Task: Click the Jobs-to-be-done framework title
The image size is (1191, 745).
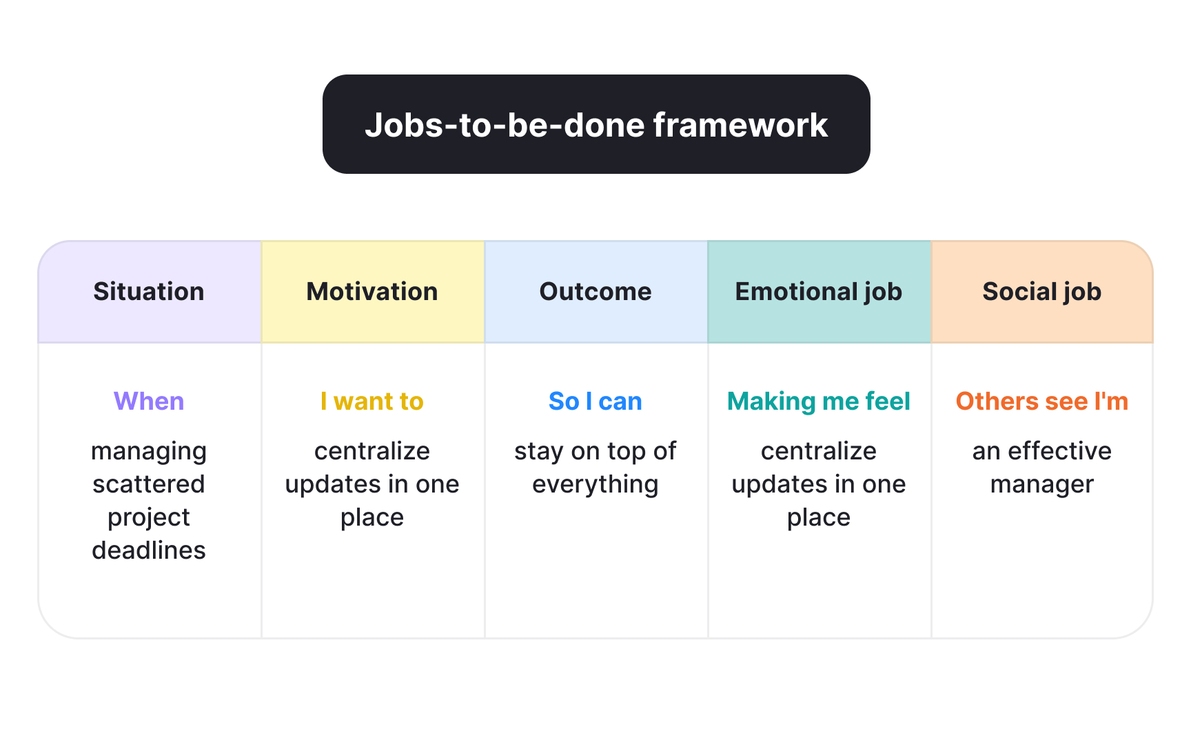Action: (596, 125)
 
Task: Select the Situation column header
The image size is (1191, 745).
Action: (149, 291)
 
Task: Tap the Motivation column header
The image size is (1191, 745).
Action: (372, 291)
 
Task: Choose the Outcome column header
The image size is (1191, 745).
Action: (595, 291)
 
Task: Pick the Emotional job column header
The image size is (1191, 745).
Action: (819, 291)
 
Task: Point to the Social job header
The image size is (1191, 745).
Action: (1042, 291)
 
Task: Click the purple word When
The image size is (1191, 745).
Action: (149, 401)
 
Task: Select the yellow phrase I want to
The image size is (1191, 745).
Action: (372, 401)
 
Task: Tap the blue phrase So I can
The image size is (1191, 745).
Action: (595, 401)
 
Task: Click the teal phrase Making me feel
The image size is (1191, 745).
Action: (819, 401)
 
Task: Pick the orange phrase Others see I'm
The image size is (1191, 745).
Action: (1042, 401)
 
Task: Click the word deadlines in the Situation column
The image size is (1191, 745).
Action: (149, 550)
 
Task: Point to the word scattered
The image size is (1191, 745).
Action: (149, 484)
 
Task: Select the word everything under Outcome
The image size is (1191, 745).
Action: (595, 484)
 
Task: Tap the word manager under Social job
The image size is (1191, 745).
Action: (1042, 484)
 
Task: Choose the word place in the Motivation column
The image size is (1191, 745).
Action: (372, 517)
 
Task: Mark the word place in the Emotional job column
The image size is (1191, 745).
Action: (819, 517)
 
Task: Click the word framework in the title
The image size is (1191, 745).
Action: (740, 125)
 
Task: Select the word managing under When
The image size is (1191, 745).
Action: (149, 451)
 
